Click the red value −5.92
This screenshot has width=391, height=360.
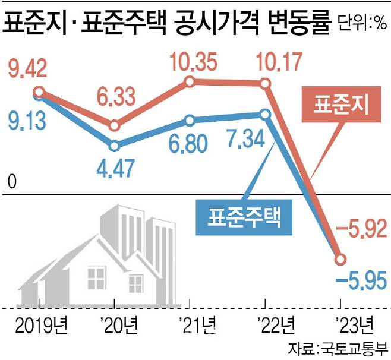coord(361,227)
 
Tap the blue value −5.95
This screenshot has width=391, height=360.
coord(361,279)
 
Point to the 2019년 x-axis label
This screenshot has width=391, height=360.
coord(39,326)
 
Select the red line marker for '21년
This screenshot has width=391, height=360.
coord(190,82)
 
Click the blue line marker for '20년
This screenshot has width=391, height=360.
coord(115,145)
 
